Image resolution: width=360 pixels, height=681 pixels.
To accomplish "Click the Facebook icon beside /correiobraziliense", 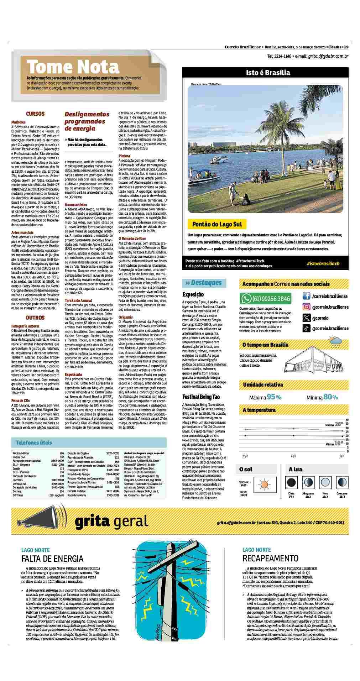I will (306, 296).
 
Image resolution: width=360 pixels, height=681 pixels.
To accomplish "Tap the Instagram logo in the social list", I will (306, 307).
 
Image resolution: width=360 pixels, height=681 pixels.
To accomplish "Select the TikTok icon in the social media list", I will (306, 329).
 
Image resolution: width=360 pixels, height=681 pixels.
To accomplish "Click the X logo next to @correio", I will (306, 318).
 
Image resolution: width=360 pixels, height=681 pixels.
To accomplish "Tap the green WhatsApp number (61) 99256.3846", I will (266, 298).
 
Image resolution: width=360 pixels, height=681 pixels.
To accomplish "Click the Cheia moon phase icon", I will (291, 483).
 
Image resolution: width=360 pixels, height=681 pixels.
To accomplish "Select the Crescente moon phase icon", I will (342, 483).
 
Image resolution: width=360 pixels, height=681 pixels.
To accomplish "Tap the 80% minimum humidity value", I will (330, 397).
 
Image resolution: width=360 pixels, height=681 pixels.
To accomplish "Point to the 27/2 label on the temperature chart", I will (293, 456).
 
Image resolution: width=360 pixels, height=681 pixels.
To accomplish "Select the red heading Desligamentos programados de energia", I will (87, 121).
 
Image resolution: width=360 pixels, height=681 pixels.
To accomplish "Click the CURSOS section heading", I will (35, 114).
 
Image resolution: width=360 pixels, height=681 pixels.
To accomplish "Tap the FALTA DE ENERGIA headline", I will (52, 559).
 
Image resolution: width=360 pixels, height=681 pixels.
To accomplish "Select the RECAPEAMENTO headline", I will (270, 558).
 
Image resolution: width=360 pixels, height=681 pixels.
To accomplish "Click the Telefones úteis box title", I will (34, 443).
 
